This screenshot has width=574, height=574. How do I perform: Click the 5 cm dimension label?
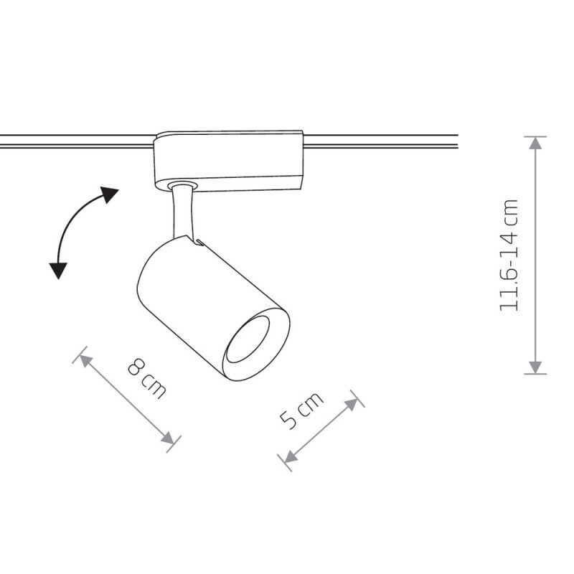[301, 410]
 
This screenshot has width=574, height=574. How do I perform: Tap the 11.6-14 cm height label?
[509, 255]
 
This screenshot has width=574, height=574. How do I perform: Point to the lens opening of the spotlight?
[248, 339]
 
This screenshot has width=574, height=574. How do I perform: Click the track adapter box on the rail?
[228, 161]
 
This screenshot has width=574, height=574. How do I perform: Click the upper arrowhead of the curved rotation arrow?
[110, 194]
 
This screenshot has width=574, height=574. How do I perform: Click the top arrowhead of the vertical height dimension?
[535, 143]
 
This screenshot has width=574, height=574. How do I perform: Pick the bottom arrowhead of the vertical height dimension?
[535, 367]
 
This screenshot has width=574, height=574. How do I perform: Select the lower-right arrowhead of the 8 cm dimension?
[168, 438]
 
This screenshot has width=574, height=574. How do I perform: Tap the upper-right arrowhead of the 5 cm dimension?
[352, 405]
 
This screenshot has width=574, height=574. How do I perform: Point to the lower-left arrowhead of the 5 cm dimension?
[291, 456]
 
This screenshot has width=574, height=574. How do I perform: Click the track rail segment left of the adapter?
[77, 141]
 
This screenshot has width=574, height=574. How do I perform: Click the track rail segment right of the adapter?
[381, 141]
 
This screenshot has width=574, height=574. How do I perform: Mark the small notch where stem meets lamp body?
[198, 243]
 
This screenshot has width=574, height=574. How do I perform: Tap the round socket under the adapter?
[183, 185]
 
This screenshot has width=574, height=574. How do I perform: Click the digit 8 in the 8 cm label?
[136, 367]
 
